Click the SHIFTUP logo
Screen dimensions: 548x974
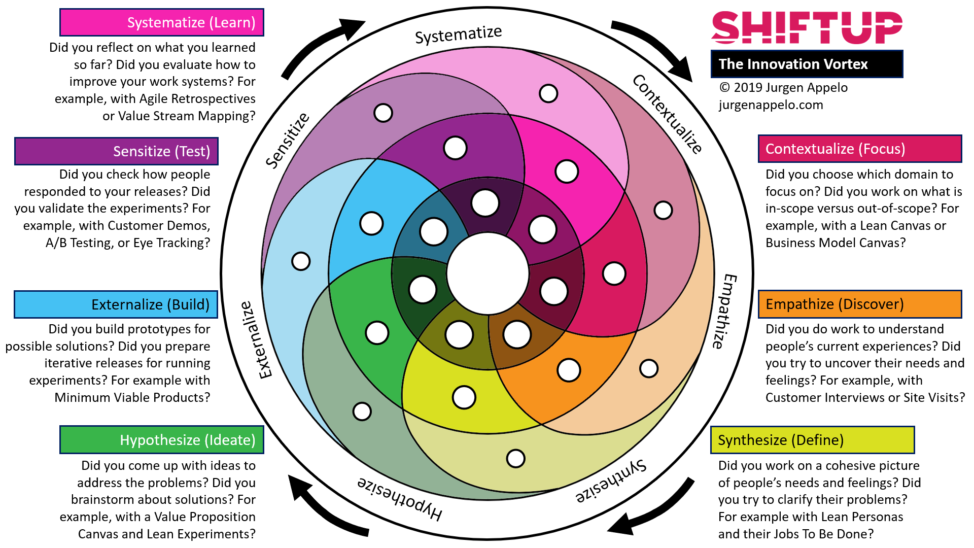point(807,27)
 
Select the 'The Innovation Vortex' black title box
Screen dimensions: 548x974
point(807,64)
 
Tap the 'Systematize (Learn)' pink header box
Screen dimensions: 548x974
point(162,22)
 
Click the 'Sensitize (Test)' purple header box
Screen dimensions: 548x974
point(116,151)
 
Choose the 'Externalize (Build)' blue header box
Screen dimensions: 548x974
point(116,304)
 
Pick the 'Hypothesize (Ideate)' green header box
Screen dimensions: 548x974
point(162,440)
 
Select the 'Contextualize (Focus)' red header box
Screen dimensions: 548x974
point(860,149)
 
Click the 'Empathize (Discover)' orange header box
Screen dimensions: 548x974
point(860,304)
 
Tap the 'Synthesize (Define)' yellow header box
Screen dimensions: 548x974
point(812,440)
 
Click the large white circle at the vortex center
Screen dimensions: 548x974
point(488,273)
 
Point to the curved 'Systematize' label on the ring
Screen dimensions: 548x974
point(458,35)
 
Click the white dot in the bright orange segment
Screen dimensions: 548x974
point(569,370)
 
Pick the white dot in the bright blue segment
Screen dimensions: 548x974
point(371,223)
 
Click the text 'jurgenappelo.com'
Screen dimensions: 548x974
point(771,105)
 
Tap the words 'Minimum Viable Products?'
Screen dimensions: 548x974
point(132,397)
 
